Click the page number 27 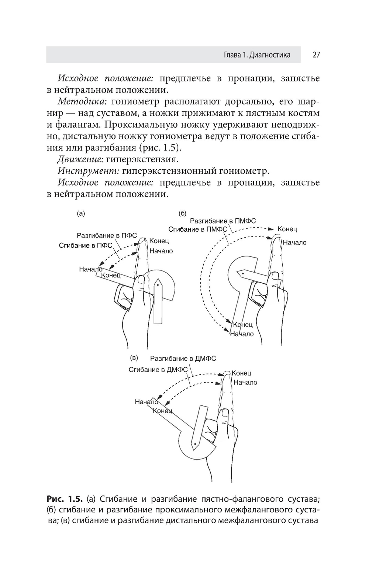coord(316,55)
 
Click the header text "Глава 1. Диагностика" coord(257,55)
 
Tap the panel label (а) coord(80,213)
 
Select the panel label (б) coord(182,213)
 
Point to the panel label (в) coord(134,358)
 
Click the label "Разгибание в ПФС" coord(107,235)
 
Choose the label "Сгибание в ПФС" coord(86,245)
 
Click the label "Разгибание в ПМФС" coord(223,221)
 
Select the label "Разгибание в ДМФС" coord(183,358)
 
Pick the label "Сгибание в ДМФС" coord(158,369)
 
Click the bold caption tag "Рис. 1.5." coord(65,499)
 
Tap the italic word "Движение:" coord(80,159)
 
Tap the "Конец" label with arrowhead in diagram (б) coord(287,229)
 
